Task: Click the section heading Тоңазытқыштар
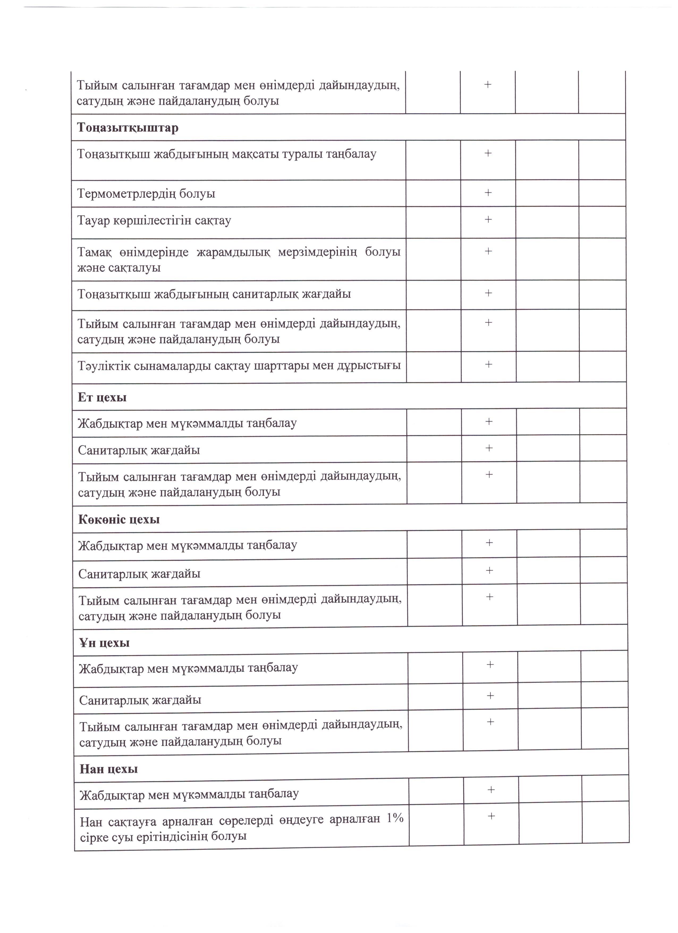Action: tap(128, 128)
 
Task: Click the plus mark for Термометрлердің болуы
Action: tap(488, 192)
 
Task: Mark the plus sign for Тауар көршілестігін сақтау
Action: tap(488, 219)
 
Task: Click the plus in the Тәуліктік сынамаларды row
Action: tap(489, 364)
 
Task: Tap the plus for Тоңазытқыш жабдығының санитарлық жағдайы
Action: tap(489, 293)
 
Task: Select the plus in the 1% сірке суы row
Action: tap(491, 816)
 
